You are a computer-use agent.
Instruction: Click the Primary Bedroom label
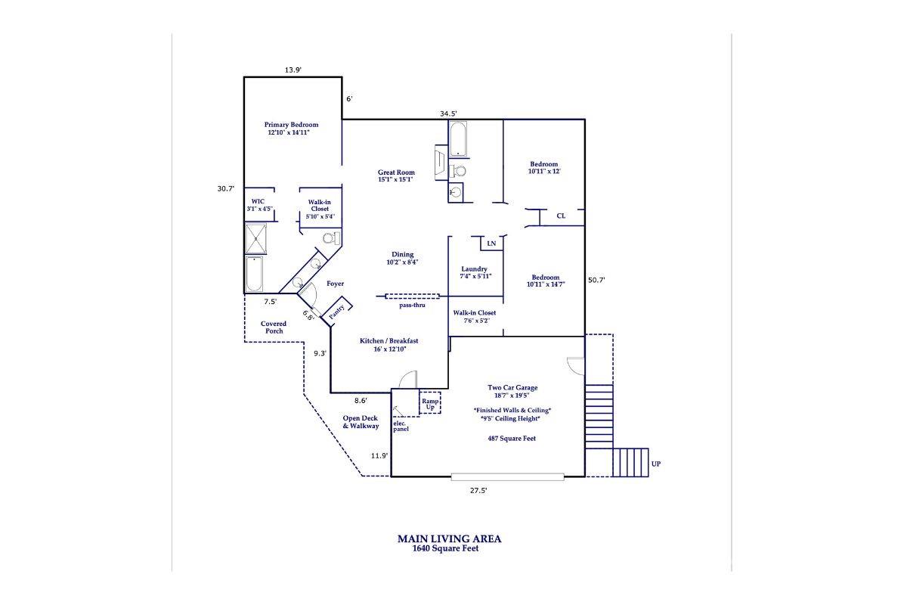(x=291, y=129)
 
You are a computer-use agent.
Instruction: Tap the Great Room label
(x=396, y=176)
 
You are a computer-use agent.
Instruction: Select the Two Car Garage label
(x=512, y=391)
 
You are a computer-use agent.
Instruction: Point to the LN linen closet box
(x=491, y=244)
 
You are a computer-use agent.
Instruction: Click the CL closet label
(x=561, y=216)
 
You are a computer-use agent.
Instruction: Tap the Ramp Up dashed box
(x=430, y=403)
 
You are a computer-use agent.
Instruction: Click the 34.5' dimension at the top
(x=449, y=113)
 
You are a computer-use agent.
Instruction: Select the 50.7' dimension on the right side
(x=596, y=280)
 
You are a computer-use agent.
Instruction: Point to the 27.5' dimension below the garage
(x=478, y=490)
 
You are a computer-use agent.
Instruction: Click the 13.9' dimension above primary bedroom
(x=293, y=70)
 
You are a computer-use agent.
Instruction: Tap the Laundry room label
(x=474, y=272)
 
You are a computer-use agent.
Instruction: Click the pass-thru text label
(x=413, y=306)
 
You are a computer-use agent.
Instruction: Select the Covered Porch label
(x=274, y=327)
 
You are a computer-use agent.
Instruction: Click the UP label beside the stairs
(x=655, y=464)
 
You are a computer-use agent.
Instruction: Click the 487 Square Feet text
(x=512, y=438)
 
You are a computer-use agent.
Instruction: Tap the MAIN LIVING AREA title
(x=449, y=539)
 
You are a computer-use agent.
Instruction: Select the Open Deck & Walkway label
(x=361, y=422)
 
